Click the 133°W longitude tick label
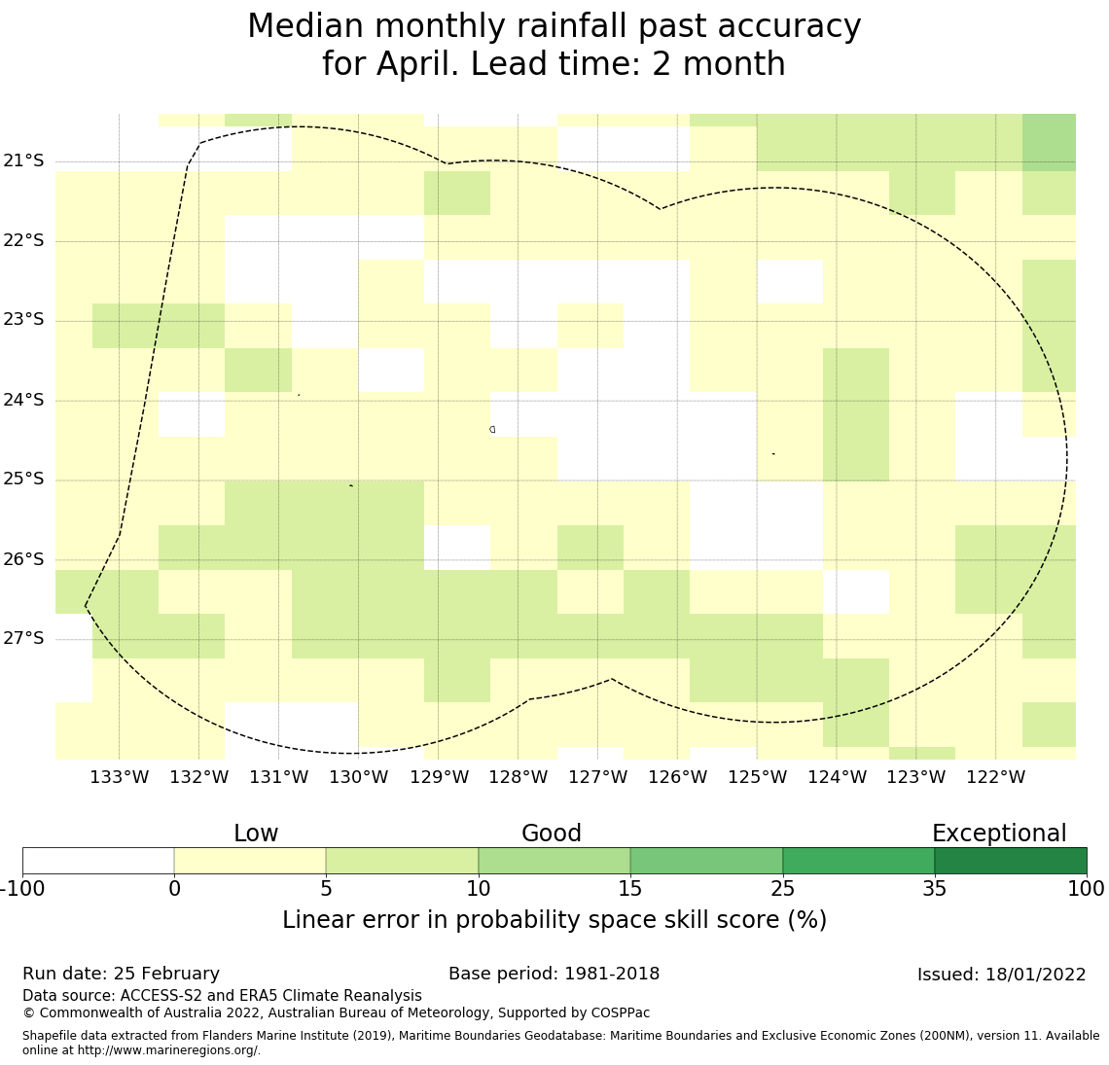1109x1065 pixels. (119, 777)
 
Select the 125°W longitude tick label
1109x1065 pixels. (757, 777)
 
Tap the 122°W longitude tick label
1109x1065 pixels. (996, 777)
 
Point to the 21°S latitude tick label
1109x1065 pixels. (23, 160)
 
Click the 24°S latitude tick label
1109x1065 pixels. (23, 400)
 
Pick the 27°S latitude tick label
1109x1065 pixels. (23, 638)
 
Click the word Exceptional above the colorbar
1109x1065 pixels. (998, 834)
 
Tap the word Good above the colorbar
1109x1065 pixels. (551, 834)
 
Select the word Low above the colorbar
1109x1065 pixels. (256, 834)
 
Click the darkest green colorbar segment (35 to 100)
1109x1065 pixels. (1010, 861)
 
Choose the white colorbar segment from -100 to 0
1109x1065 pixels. (98, 861)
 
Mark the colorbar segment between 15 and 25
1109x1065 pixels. (706, 861)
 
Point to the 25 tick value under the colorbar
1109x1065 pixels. (782, 888)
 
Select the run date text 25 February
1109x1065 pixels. (166, 974)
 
